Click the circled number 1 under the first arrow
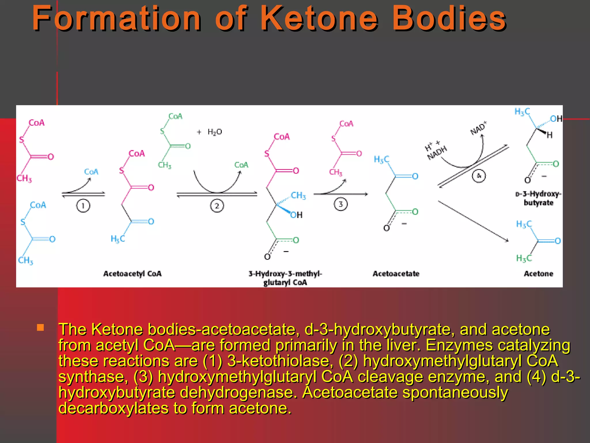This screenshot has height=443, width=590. tap(83, 206)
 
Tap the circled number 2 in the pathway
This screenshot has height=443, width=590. tap(217, 206)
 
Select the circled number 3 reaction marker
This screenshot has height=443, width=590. tap(341, 204)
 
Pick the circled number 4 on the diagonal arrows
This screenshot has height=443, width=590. tap(479, 176)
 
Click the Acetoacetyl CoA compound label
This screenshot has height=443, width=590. tap(133, 274)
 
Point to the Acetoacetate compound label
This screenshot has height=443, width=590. tap(396, 274)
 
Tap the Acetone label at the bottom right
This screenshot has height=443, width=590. tap(538, 274)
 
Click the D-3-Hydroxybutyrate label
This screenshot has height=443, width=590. tap(538, 198)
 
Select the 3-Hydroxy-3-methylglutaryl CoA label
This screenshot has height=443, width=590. tap(285, 278)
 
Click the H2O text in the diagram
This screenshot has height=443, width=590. tap(215, 132)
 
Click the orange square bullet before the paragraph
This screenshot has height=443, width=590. tap(40, 327)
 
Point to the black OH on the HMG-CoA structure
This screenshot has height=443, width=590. tap(297, 215)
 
